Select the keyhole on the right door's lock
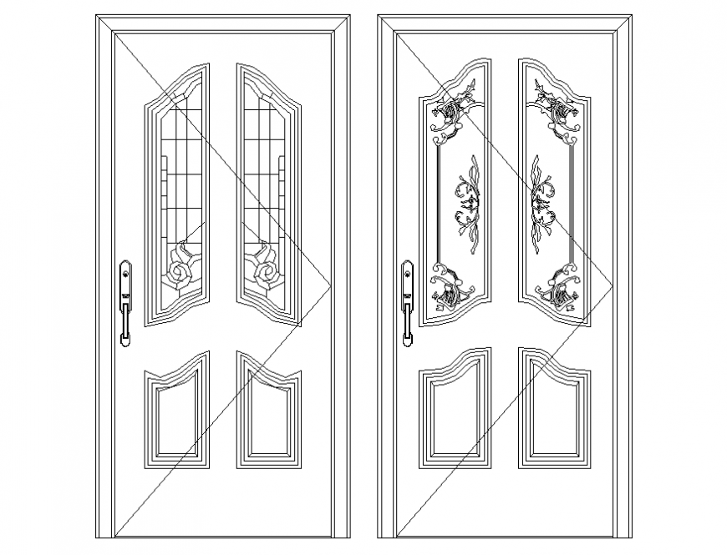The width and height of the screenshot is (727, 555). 407,271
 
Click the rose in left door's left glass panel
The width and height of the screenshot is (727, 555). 180,267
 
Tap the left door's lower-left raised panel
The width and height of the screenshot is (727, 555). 176,413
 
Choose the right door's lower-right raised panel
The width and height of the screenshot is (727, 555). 553,413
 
